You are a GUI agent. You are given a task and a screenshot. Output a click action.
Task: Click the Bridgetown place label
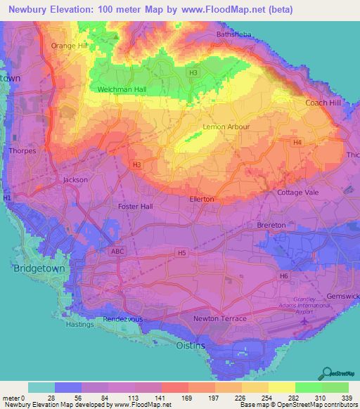tap(35, 269)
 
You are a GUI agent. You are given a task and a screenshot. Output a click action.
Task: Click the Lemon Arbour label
tap(226, 127)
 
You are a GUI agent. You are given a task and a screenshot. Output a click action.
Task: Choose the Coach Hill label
tap(322, 103)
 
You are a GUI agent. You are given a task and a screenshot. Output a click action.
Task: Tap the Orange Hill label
tap(67, 46)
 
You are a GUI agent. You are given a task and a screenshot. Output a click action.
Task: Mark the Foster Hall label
tap(136, 207)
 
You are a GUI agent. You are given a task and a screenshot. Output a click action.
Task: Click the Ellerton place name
tap(202, 200)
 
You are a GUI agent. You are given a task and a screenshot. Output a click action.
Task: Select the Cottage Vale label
tap(299, 193)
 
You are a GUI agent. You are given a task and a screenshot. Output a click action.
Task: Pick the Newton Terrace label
tap(220, 318)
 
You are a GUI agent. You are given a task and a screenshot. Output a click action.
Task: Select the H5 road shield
tap(182, 252)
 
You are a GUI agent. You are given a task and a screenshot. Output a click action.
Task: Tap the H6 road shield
tap(284, 276)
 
